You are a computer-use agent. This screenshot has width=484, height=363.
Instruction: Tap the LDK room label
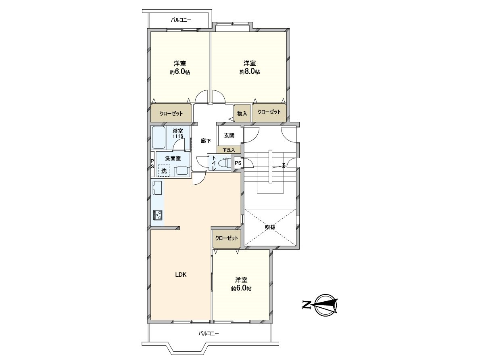pyautogui.click(x=180, y=275)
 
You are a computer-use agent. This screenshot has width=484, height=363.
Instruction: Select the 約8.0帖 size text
pyautogui.click(x=249, y=72)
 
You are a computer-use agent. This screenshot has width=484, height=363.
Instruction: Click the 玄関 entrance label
pyautogui.click(x=229, y=135)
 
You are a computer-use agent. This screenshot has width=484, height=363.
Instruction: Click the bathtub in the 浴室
pyautogui.click(x=159, y=137)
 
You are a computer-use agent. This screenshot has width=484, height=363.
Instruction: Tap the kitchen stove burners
pyautogui.click(x=158, y=215)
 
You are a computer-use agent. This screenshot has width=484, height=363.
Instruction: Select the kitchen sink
pyautogui.click(x=157, y=188)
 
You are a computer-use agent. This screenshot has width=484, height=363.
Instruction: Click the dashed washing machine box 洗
pyautogui.click(x=163, y=171)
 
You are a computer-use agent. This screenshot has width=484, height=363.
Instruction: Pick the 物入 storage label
pyautogui.click(x=242, y=113)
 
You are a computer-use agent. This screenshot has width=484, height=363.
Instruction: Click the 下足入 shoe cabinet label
pyautogui.click(x=229, y=150)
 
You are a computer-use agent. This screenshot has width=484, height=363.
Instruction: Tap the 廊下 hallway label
pyautogui.click(x=206, y=141)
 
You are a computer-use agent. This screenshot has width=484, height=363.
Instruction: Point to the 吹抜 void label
pyautogui.click(x=270, y=227)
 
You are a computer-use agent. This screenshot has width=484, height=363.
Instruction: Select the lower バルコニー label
pyautogui.click(x=209, y=334)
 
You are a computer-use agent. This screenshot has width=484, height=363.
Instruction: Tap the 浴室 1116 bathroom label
pyautogui.click(x=178, y=134)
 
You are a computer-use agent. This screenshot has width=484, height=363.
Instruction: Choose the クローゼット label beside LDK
pyautogui.click(x=227, y=238)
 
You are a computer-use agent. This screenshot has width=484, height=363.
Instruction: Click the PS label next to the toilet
pyautogui.click(x=238, y=163)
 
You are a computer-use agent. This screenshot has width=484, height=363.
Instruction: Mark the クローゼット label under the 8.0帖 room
pyautogui.click(x=269, y=113)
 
